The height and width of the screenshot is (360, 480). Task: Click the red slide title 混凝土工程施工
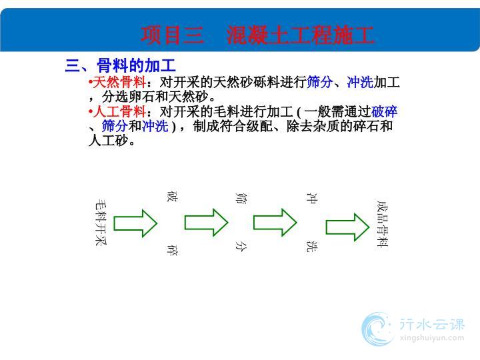pos(300,35)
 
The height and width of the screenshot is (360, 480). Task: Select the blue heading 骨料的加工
pos(136,65)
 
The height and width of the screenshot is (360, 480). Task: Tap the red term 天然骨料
pos(119,82)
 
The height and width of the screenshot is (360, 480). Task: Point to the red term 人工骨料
pos(119,111)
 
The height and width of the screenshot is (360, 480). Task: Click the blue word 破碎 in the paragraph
pos(384,111)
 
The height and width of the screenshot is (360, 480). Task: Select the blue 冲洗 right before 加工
pos(360,82)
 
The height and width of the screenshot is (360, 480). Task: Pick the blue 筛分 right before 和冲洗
pos(115,126)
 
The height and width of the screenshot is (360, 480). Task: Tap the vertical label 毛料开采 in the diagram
pos(101,223)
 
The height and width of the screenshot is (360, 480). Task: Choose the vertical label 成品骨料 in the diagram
pos(383,224)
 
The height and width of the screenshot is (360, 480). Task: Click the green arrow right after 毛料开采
pos(135,223)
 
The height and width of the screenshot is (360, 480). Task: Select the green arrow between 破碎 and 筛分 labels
pos(206,222)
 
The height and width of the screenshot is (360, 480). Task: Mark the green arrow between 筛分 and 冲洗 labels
pos(275,222)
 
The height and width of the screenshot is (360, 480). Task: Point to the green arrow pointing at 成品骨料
pos(347,227)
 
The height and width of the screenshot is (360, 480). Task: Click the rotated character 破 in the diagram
pos(173,196)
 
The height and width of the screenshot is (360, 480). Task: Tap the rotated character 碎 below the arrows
pos(173,250)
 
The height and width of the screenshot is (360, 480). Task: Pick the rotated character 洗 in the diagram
pos(312,247)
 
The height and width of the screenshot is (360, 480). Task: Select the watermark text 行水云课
pos(432,325)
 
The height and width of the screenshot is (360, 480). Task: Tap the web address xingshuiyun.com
pos(432,338)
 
